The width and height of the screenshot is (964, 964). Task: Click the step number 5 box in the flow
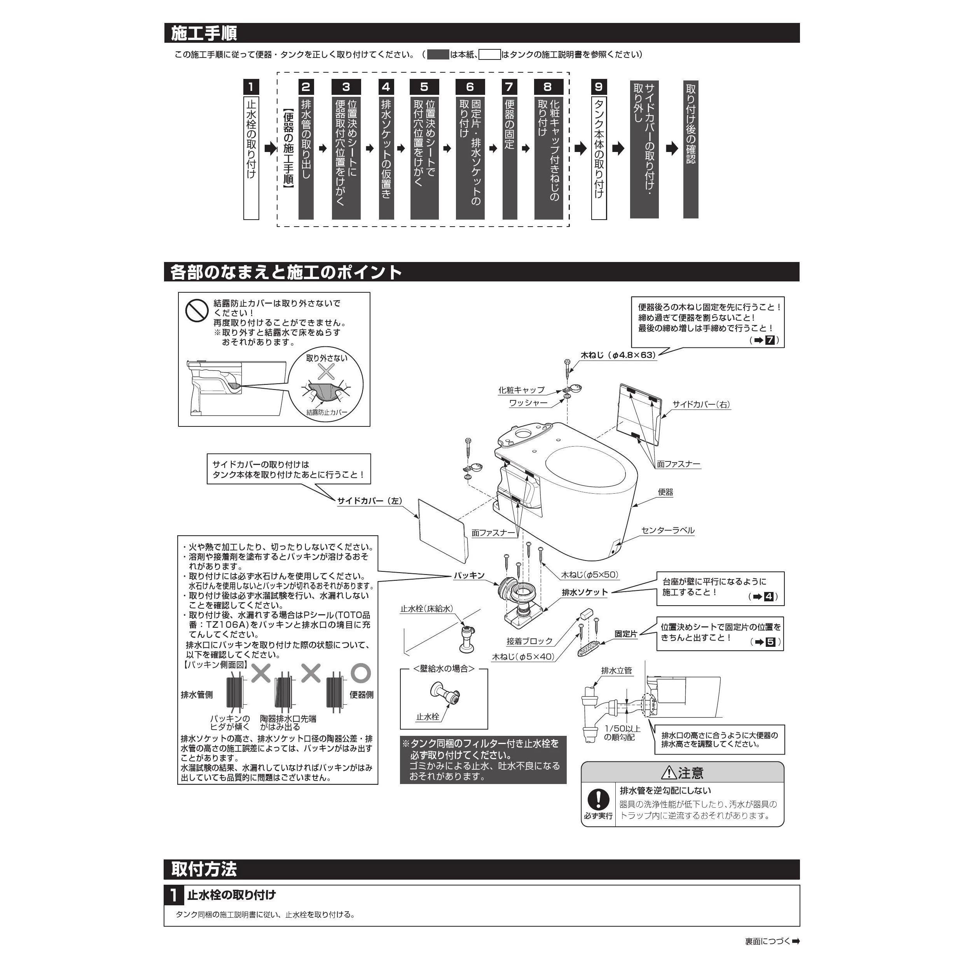424,87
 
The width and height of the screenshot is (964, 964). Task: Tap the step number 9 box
599,87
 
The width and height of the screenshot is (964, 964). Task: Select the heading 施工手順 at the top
204,33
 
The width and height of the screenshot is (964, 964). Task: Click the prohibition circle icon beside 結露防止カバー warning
197,310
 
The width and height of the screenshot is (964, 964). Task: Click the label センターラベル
668,531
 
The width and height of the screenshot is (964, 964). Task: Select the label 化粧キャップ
521,390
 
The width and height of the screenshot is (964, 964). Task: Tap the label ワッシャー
528,403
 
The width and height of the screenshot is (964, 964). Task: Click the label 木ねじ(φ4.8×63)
618,355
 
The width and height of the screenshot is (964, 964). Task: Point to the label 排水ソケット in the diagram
585,592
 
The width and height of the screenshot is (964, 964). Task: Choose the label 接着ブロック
529,641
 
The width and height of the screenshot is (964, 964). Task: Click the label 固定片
626,634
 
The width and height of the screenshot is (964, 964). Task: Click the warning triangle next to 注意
669,773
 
